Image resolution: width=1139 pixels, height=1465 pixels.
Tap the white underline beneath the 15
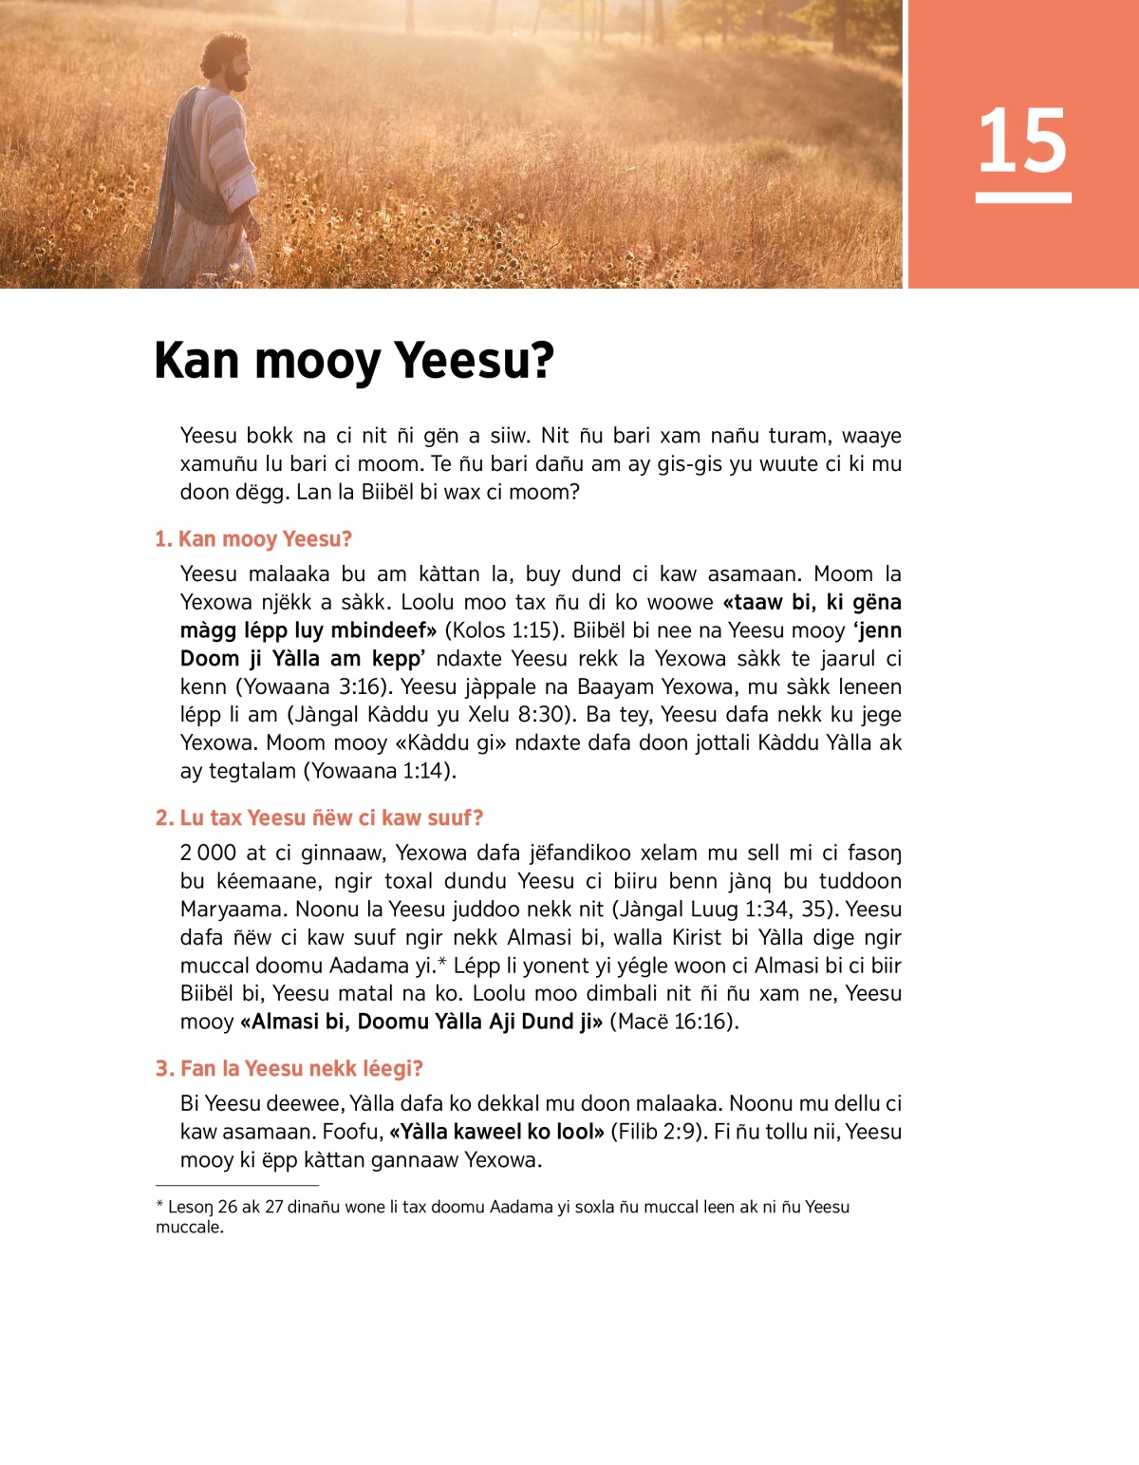(1022, 197)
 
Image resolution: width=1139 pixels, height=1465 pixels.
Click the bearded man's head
(228, 63)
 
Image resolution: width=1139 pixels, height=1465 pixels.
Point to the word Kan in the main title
(196, 361)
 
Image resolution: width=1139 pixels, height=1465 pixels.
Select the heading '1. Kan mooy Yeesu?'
(253, 539)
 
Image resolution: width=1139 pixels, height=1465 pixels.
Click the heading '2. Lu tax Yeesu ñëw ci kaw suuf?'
(319, 817)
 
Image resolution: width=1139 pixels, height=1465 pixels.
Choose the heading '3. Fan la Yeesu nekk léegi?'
(289, 1068)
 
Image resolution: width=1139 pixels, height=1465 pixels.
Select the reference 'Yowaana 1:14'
(379, 771)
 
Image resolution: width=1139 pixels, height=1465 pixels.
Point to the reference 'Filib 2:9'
(656, 1132)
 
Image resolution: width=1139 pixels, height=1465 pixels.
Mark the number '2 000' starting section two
(208, 853)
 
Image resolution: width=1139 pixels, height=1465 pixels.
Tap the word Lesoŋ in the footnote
(190, 1207)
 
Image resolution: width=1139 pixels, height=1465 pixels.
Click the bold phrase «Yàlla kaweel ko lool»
(496, 1132)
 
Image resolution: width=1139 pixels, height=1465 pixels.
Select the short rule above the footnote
(236, 1186)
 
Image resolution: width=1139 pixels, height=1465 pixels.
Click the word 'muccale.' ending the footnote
(190, 1227)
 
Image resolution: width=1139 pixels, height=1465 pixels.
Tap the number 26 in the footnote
(228, 1207)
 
